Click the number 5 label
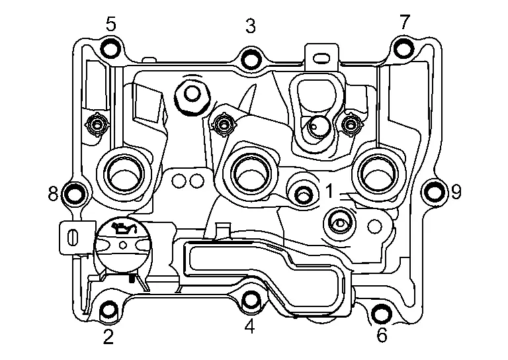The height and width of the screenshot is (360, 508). pos(111,24)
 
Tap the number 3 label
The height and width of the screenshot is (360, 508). pos(250,26)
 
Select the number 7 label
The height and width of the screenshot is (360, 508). pos(404,22)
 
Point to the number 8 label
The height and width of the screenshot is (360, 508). pos(53,194)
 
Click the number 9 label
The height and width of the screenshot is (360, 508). pos(456,193)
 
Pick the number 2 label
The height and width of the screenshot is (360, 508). pos(108,337)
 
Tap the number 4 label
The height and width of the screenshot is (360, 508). pos(249,326)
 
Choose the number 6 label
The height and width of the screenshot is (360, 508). pos(382,336)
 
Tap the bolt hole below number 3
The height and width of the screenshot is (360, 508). pos(250,58)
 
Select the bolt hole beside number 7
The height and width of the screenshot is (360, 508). pos(403,48)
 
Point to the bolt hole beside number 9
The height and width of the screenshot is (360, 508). pos(433,193)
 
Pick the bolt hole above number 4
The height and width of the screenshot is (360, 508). pos(250,300)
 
